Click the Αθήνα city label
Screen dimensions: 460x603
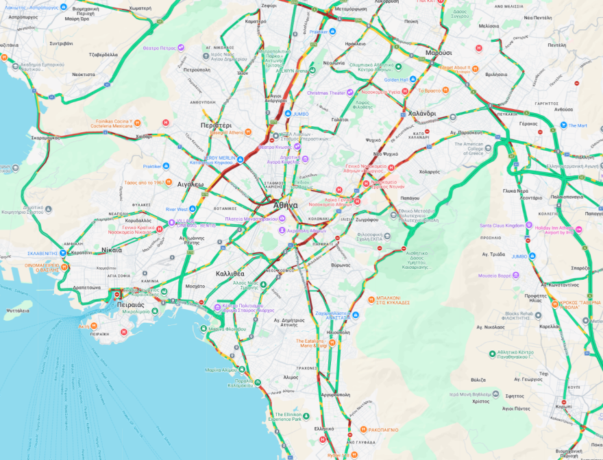[x=285, y=205]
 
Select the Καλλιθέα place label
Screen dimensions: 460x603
[x=230, y=273]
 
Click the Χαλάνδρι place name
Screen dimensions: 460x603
[x=422, y=113]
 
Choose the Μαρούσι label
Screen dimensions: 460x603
[x=439, y=53]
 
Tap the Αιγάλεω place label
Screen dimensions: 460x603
[x=190, y=184]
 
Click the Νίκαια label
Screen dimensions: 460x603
[x=111, y=250]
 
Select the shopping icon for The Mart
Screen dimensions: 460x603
[x=563, y=125]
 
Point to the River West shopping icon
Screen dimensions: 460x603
[x=193, y=209]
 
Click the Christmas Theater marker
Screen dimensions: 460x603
[x=349, y=93]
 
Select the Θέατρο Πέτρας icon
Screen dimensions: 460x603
[x=181, y=47]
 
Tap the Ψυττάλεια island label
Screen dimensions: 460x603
[x=18, y=310]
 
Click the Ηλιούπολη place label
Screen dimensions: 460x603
[x=339, y=331]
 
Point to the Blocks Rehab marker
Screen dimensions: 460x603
[x=537, y=315]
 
